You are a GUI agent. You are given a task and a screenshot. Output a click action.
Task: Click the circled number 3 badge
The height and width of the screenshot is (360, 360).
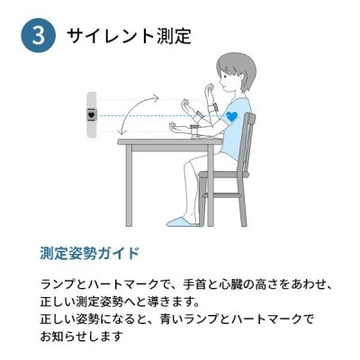39,36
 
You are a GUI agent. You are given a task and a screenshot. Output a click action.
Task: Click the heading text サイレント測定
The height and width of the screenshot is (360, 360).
129,36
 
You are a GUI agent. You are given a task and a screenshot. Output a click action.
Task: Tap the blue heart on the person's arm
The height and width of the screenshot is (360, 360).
231,116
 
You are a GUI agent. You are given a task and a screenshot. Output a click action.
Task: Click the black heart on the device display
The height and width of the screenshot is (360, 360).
92,114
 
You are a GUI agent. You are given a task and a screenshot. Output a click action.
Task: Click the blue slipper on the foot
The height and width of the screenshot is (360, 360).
181,221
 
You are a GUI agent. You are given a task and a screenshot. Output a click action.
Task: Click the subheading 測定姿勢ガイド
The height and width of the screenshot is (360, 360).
90,254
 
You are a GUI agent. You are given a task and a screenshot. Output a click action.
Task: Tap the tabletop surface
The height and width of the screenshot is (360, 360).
170,141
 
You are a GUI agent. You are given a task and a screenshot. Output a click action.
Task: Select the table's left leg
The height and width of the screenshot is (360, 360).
129,185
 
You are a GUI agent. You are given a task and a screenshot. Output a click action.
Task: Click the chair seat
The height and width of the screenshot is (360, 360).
224,175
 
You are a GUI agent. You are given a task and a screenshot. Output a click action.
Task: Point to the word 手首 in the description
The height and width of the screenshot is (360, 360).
193,284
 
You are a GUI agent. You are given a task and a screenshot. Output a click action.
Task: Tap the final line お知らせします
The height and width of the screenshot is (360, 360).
82,336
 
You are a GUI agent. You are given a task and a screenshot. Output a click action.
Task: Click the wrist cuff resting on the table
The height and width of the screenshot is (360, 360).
194,130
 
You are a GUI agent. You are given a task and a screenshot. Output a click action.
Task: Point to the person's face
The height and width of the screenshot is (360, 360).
223,78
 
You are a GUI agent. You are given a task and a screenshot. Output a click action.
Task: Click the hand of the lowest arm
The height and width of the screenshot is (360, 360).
175,126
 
